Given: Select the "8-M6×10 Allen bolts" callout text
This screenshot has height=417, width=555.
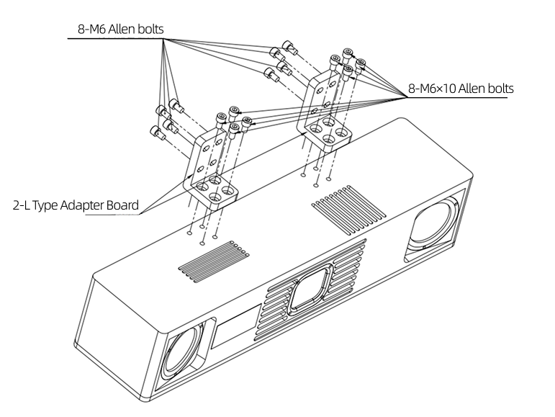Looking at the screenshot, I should (x=461, y=89).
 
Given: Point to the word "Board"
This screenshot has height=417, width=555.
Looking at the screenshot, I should (x=122, y=205).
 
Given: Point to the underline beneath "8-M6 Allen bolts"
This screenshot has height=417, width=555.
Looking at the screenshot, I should (x=115, y=39).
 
